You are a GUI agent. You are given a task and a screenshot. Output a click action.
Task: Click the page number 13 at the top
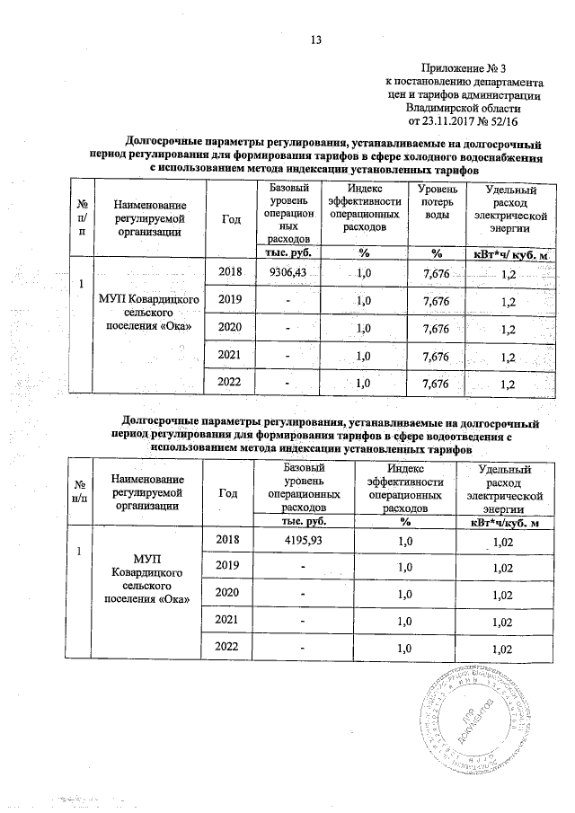315,39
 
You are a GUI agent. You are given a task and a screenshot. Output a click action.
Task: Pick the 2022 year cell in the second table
229,648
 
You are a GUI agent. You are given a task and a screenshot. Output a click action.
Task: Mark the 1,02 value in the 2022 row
504,649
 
